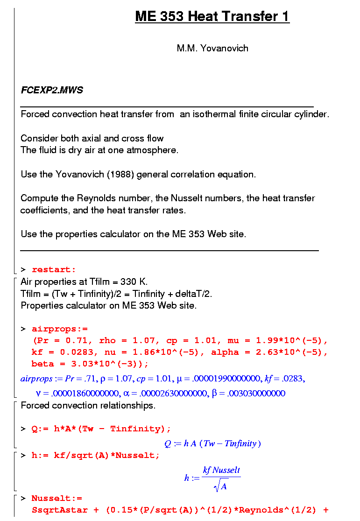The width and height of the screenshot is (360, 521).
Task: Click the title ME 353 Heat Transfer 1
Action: tap(212, 17)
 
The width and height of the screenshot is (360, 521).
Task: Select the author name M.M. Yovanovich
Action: tap(212, 48)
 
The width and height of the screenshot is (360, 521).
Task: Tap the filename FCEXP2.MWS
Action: tap(52, 90)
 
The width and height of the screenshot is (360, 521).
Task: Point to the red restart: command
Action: tap(54, 270)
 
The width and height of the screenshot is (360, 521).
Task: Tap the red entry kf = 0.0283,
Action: tap(58, 352)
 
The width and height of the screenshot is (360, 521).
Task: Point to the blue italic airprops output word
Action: tap(36, 380)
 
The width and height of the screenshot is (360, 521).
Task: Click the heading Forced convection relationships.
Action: tap(88, 405)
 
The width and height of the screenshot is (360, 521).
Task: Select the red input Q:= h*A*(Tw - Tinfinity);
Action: tap(101, 429)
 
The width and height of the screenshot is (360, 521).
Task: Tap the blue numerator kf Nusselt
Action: tap(221, 470)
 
